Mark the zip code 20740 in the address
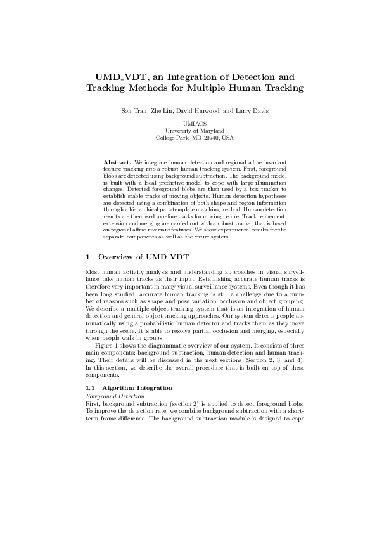coord(207,137)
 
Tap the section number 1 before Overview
coord(87,257)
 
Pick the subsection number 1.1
coord(89,387)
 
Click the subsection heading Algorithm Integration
coord(137,387)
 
